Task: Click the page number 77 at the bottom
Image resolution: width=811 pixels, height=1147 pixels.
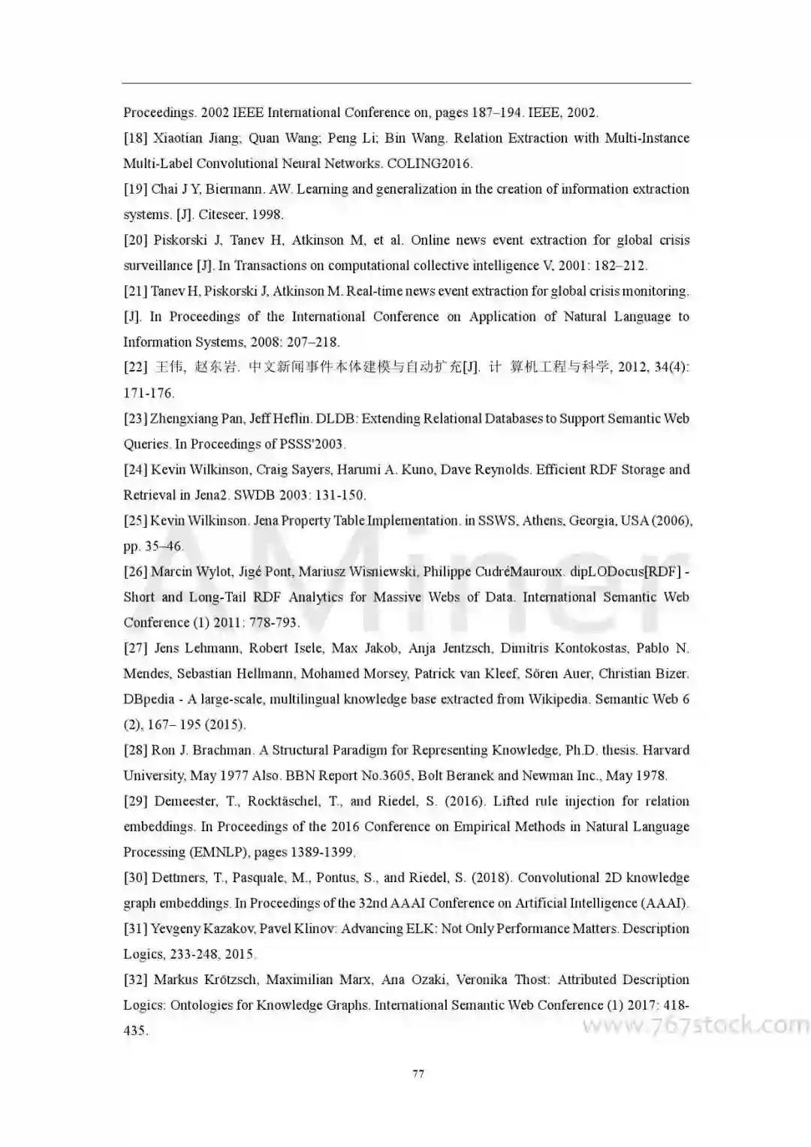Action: (418, 1073)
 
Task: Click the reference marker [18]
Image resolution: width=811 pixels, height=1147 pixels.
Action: (135, 138)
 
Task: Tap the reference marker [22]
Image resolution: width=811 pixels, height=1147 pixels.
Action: (135, 368)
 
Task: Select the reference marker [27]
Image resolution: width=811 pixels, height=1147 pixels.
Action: (135, 649)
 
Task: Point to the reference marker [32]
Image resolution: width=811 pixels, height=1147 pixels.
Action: (135, 980)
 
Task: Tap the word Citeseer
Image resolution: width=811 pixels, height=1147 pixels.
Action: (222, 215)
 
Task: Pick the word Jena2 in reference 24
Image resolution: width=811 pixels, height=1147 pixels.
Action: (215, 495)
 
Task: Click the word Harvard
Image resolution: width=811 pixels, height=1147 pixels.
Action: (666, 751)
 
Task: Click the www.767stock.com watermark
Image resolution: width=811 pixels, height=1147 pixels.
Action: (695, 1025)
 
